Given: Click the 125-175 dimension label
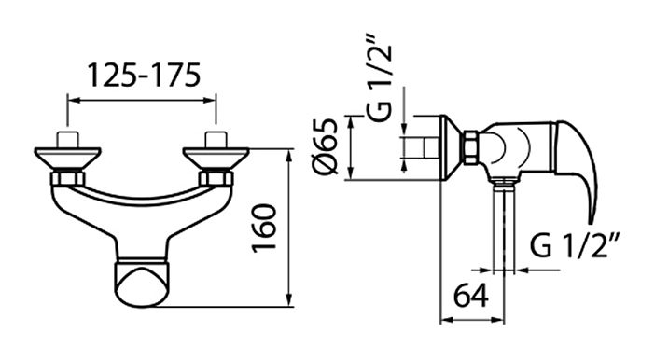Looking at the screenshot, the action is tap(144, 76).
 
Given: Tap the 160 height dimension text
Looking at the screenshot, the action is tap(265, 228).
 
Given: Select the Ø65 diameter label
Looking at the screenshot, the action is tap(325, 146).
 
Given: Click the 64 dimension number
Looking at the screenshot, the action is tap(471, 296).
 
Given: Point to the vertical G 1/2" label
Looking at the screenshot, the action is tap(381, 78).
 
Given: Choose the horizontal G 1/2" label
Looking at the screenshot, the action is tap(575, 247).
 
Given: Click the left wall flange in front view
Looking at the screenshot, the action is tap(67, 158).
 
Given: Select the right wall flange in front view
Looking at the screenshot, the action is tap(216, 158).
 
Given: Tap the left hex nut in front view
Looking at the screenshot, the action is tap(67, 178).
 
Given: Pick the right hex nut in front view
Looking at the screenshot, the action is tap(216, 178).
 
